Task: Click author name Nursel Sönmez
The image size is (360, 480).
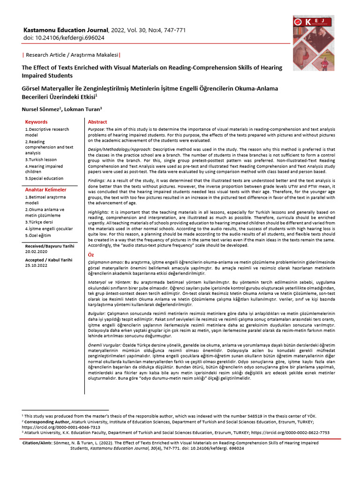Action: point(40,109)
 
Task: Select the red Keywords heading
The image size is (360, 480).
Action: point(37,122)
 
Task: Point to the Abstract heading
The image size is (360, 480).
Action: point(97,122)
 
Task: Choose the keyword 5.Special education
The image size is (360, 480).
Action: point(45,178)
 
